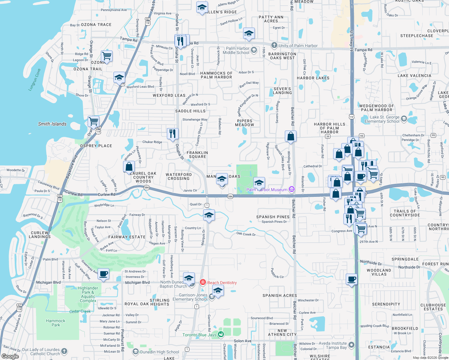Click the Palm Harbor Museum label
click(x=267, y=190)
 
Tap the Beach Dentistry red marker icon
click(x=203, y=282)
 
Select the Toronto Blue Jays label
click(x=199, y=335)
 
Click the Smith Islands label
click(x=52, y=124)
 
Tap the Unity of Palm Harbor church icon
click(x=274, y=45)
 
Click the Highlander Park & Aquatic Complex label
click(x=88, y=294)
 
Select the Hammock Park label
click(x=56, y=323)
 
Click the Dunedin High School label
click(x=159, y=352)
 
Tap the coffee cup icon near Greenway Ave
click(x=104, y=274)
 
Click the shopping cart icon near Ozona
click(x=107, y=56)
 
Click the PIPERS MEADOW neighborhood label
click(x=245, y=123)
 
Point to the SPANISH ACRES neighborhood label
click(x=280, y=295)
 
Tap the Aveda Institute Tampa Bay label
click(x=333, y=345)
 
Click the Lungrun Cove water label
click(x=35, y=80)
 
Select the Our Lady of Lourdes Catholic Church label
click(x=41, y=352)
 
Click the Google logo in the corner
click(x=10, y=356)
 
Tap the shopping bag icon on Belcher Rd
click(x=291, y=136)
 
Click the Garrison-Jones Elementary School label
click(x=190, y=297)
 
